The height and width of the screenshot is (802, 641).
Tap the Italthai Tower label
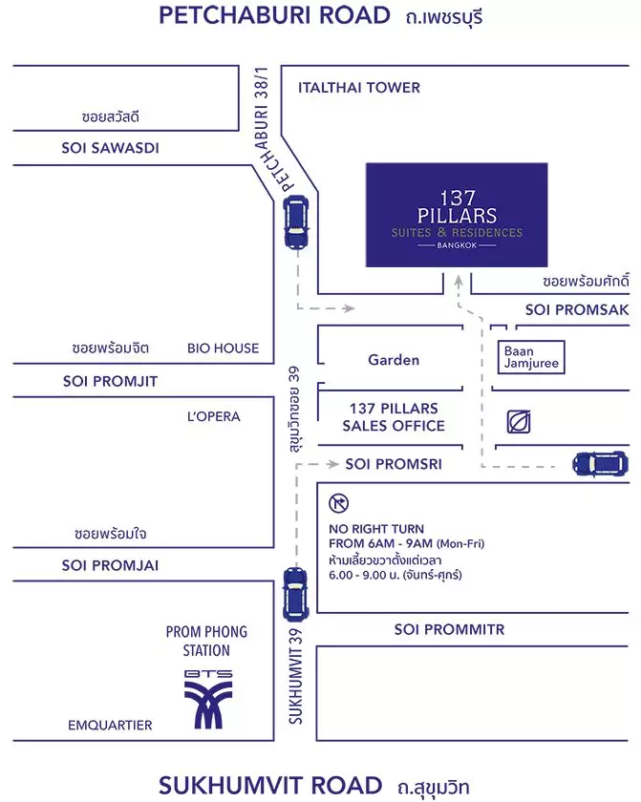point(359,88)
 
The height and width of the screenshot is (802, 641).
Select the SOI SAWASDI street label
point(110,148)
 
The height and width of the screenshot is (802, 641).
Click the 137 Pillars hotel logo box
point(457,215)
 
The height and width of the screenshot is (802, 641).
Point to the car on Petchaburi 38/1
point(296,222)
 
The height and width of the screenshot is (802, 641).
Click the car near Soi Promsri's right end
point(600,464)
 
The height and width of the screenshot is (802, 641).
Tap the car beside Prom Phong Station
point(296,594)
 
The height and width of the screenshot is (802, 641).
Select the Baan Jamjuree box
point(531,357)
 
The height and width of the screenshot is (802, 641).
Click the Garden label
point(394,360)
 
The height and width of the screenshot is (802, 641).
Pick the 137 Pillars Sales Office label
point(394,417)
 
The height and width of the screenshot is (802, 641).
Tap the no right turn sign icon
point(339,503)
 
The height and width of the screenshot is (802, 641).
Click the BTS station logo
point(208,699)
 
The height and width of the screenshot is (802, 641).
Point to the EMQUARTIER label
point(110,726)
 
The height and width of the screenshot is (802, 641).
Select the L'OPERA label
point(213,416)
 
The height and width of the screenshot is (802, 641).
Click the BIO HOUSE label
point(223,348)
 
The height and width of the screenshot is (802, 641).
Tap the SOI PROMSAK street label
point(577,310)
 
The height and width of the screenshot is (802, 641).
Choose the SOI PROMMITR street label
point(449,629)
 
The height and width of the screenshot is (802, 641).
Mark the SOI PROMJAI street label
point(110,565)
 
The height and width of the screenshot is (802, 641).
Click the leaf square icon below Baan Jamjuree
point(518,422)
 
